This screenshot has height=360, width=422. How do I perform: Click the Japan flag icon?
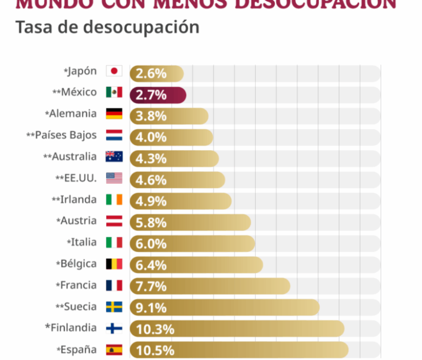click(x=114, y=71)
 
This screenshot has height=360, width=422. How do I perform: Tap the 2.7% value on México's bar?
click(x=151, y=95)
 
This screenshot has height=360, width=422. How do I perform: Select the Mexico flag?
click(x=114, y=92)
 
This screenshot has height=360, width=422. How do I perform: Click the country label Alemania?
click(x=73, y=114)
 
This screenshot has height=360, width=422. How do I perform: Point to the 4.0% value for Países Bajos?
click(x=151, y=138)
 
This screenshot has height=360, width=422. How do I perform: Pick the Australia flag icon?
click(x=114, y=156)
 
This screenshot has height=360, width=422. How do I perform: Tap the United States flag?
click(x=114, y=178)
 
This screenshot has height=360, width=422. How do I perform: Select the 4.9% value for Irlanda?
click(x=151, y=202)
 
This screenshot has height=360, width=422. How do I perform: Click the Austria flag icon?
click(x=114, y=221)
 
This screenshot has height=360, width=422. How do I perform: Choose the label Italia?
click(x=84, y=242)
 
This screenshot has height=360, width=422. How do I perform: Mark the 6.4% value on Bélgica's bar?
click(x=151, y=266)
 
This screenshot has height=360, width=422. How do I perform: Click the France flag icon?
click(x=114, y=285)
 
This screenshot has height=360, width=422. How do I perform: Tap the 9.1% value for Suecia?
click(x=151, y=308)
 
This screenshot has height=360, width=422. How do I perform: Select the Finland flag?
click(x=114, y=328)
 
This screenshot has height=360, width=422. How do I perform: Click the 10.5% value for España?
click(x=155, y=351)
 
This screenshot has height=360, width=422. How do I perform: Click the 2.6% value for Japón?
click(x=151, y=73)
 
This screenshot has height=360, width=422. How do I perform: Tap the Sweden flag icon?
click(x=114, y=307)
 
